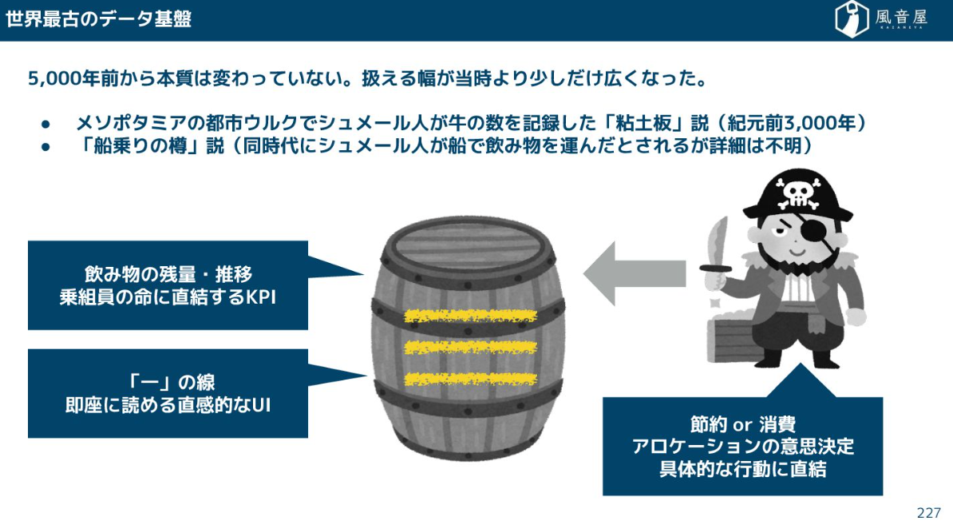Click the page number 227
tap(928, 512)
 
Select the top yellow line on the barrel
tap(470, 316)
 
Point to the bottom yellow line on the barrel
tap(470, 378)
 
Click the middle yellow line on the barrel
tap(470, 347)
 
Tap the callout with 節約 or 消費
tap(742, 446)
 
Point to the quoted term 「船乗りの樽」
tap(140, 147)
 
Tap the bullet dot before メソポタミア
tap(45, 125)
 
